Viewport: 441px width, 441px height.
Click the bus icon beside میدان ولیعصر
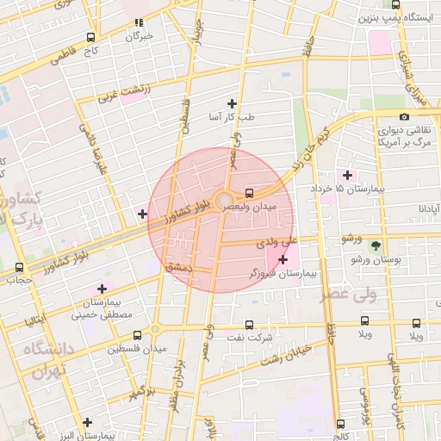[249, 193]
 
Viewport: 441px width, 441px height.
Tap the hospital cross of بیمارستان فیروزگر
[283, 259]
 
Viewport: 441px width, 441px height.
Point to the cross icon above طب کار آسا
[231, 102]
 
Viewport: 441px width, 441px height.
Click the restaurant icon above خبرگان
[139, 23]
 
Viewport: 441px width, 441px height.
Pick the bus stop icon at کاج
[90, 38]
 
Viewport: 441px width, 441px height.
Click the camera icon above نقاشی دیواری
[404, 116]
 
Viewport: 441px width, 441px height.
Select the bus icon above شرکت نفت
[249, 325]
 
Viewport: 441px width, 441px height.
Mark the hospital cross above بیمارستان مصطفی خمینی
[102, 289]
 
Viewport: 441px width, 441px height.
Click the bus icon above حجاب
[19, 266]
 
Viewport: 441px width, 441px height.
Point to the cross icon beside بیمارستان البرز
[87, 422]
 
